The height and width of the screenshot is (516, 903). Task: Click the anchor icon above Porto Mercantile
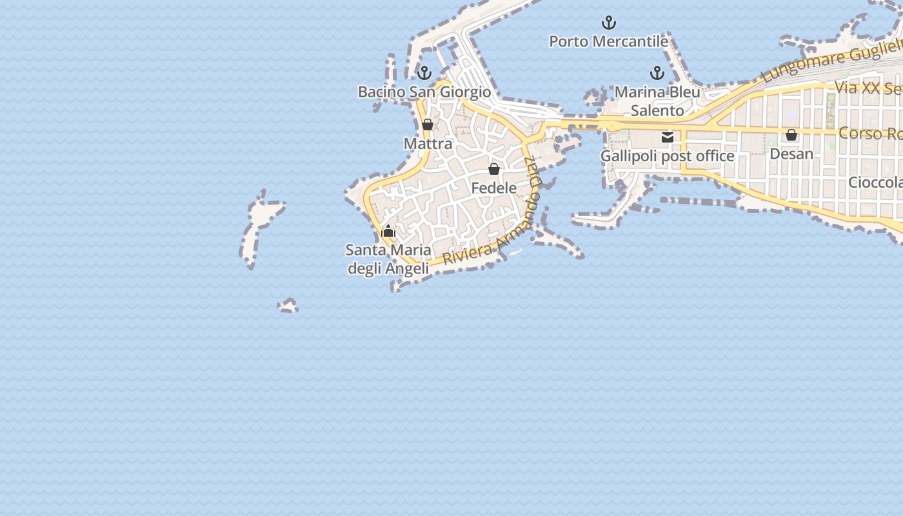(608, 23)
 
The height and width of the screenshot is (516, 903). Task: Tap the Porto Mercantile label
(608, 42)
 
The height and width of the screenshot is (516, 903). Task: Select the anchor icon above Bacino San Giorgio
(424, 72)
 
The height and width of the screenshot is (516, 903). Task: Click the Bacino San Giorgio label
(424, 92)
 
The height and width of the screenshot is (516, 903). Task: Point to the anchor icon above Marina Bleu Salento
(657, 72)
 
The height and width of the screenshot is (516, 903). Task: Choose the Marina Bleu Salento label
(657, 101)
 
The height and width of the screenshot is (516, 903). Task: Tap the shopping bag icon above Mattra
(428, 124)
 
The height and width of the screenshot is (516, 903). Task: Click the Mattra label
(428, 143)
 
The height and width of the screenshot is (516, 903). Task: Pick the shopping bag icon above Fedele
(494, 169)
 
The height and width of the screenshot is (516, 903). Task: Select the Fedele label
(494, 188)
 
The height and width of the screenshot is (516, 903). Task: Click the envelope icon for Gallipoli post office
(668, 137)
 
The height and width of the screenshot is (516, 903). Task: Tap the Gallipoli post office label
(668, 156)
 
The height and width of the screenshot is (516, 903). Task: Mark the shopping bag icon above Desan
(791, 135)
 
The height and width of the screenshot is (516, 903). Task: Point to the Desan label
(791, 154)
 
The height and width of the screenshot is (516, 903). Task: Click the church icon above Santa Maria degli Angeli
(388, 231)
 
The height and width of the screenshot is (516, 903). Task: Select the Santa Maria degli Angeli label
(388, 259)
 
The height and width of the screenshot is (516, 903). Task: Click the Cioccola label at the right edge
(875, 183)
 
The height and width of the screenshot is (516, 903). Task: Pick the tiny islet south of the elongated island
(288, 305)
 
